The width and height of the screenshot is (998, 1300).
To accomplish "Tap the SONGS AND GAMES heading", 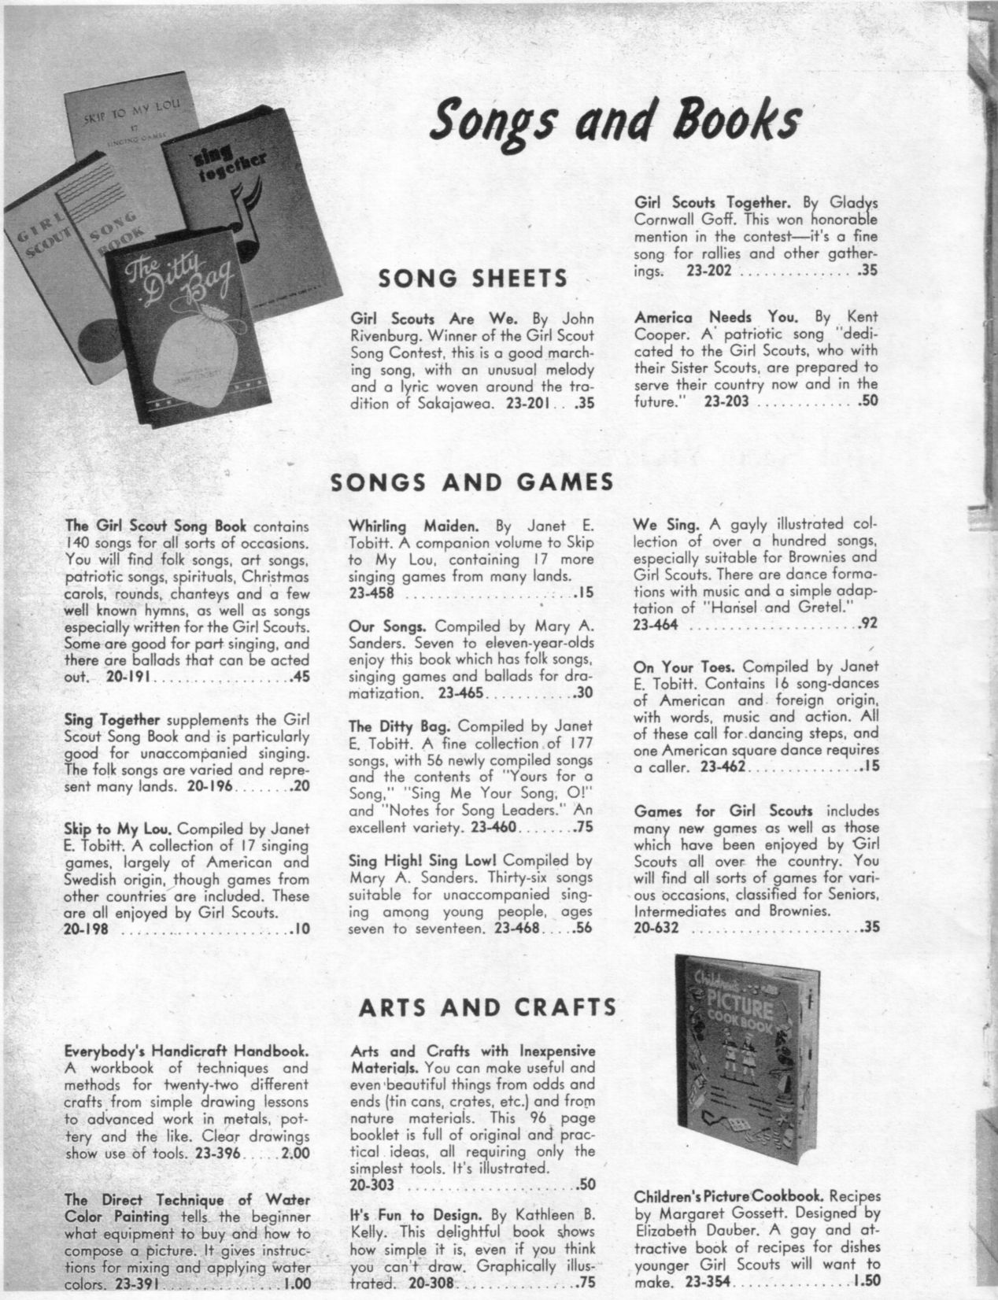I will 471,482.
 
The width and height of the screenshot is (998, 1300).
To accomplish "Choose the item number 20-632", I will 656,928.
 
